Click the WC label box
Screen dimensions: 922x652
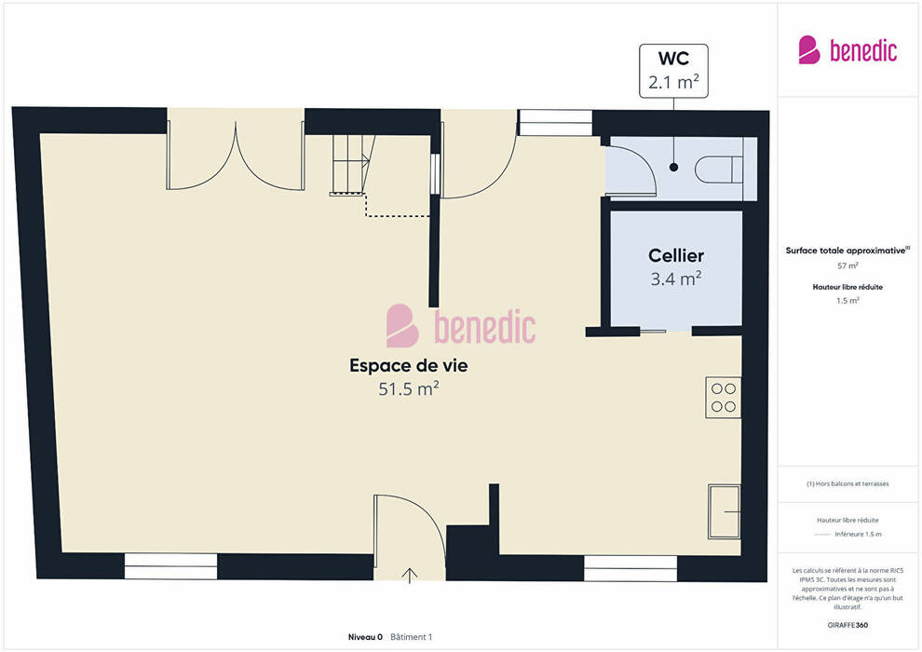(x=673, y=71)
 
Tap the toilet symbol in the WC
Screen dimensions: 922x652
(x=719, y=170)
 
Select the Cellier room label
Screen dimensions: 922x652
(x=676, y=256)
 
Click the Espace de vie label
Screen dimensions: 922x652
(x=409, y=366)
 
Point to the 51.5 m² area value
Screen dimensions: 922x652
(x=409, y=388)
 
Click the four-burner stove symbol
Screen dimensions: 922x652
(x=724, y=398)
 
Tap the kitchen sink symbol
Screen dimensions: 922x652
(x=725, y=511)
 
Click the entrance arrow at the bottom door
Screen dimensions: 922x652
(x=409, y=576)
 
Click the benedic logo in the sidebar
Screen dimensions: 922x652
(x=847, y=50)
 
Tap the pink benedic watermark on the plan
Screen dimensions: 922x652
(x=461, y=326)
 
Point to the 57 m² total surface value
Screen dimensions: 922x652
(x=847, y=265)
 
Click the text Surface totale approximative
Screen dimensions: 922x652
(x=846, y=251)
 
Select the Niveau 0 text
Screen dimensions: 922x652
(x=365, y=637)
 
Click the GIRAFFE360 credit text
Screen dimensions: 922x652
(x=847, y=625)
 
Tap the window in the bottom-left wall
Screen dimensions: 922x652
(x=170, y=566)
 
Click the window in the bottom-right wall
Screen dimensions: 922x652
(x=630, y=568)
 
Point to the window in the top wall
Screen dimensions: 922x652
(x=555, y=123)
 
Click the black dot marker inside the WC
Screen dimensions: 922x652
(x=674, y=167)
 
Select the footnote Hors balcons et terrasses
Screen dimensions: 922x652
(x=847, y=483)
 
